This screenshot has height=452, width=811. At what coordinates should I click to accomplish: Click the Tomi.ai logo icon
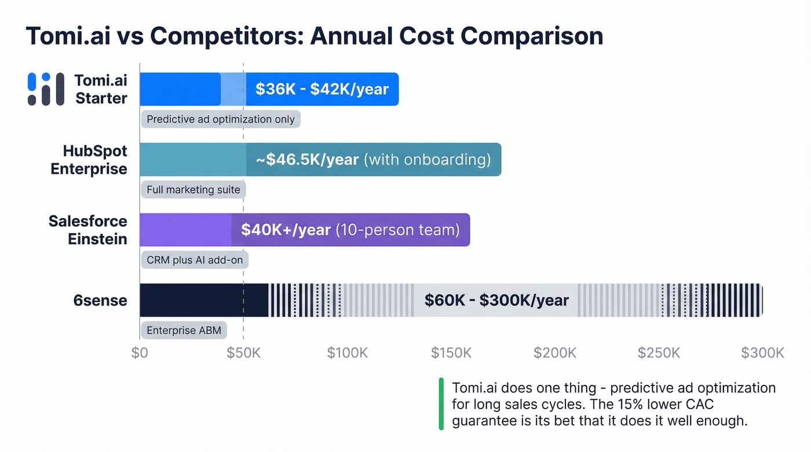[x=46, y=89]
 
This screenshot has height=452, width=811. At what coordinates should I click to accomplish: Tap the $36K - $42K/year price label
[x=322, y=89]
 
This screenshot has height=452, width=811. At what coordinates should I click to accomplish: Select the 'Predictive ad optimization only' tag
[x=221, y=119]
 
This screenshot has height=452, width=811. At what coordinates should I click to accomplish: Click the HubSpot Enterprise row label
[x=89, y=160]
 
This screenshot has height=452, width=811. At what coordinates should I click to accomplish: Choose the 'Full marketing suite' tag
[x=193, y=190]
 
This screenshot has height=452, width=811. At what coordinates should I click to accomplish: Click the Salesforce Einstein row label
[x=87, y=230]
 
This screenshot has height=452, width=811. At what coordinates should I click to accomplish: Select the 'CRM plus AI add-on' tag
[x=195, y=260]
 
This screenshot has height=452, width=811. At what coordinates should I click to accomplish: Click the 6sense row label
[x=100, y=300]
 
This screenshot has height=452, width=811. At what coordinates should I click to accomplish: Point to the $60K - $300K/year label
[x=496, y=300]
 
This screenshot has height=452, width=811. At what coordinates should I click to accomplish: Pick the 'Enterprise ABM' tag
[x=183, y=330]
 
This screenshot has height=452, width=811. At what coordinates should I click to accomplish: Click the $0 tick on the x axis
[x=140, y=353]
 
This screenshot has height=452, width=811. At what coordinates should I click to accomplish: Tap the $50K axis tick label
[x=243, y=353]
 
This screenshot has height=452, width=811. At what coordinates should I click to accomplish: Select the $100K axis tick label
[x=347, y=353]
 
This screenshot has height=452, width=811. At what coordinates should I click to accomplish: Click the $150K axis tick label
[x=451, y=353]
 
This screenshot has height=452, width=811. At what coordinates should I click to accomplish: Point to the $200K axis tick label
[x=555, y=353]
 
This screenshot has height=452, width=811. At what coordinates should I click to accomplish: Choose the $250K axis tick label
[x=659, y=353]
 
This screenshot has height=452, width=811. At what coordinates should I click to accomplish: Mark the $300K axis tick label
[x=762, y=353]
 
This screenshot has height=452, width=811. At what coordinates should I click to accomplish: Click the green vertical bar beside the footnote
[x=441, y=404]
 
